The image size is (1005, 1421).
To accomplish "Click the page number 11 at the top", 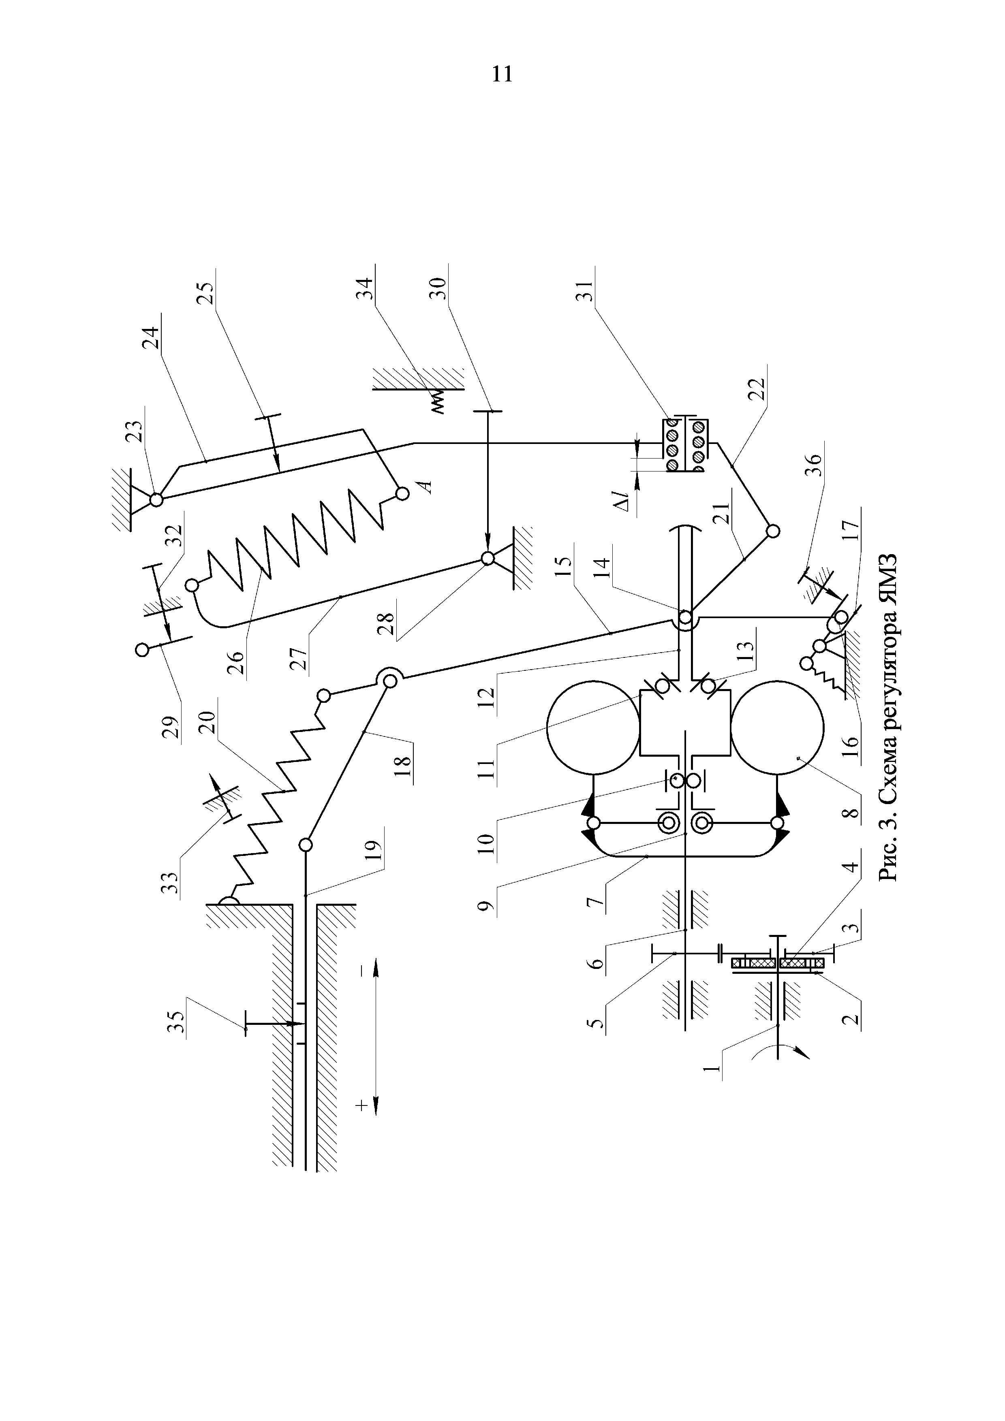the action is tap(502, 74).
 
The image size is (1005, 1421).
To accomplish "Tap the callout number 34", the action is tap(368, 290).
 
